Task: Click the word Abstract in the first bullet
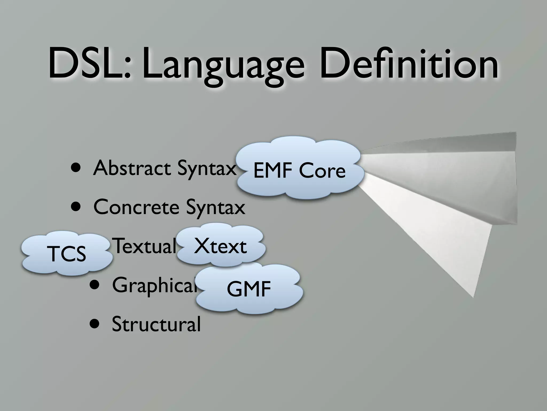[x=132, y=168]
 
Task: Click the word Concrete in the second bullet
[x=136, y=207]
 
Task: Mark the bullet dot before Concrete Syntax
[x=77, y=208]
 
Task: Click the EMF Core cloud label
[x=299, y=170]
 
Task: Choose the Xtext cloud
[x=220, y=246]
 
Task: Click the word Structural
[x=156, y=324]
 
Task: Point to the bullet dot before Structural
[x=95, y=325]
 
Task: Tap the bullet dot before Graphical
[x=95, y=285]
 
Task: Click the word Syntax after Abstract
[x=207, y=168]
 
